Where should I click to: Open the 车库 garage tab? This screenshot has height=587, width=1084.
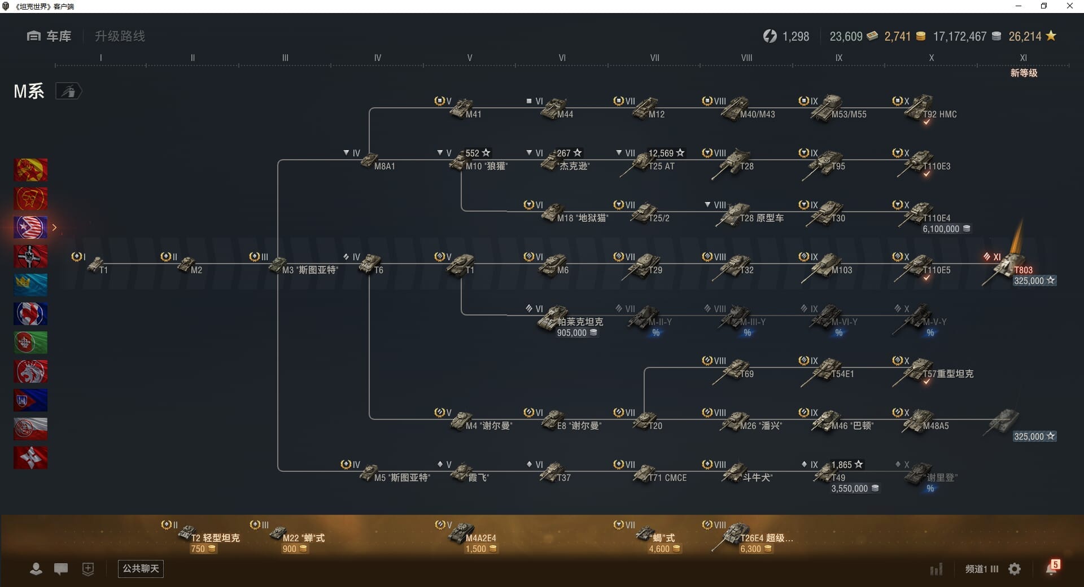[x=50, y=36]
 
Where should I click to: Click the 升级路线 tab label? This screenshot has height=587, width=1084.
[x=120, y=36]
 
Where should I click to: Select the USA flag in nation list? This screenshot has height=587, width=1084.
[x=30, y=227]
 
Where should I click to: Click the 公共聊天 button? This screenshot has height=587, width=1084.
[x=141, y=568]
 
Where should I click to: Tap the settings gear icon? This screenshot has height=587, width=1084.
[x=1015, y=569]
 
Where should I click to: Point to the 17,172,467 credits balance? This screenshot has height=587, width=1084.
[x=959, y=37]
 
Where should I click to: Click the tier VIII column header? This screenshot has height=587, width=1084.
[x=746, y=58]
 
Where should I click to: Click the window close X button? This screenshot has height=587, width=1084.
[x=1069, y=6]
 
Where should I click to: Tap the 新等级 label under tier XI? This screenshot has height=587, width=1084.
[x=1024, y=73]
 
